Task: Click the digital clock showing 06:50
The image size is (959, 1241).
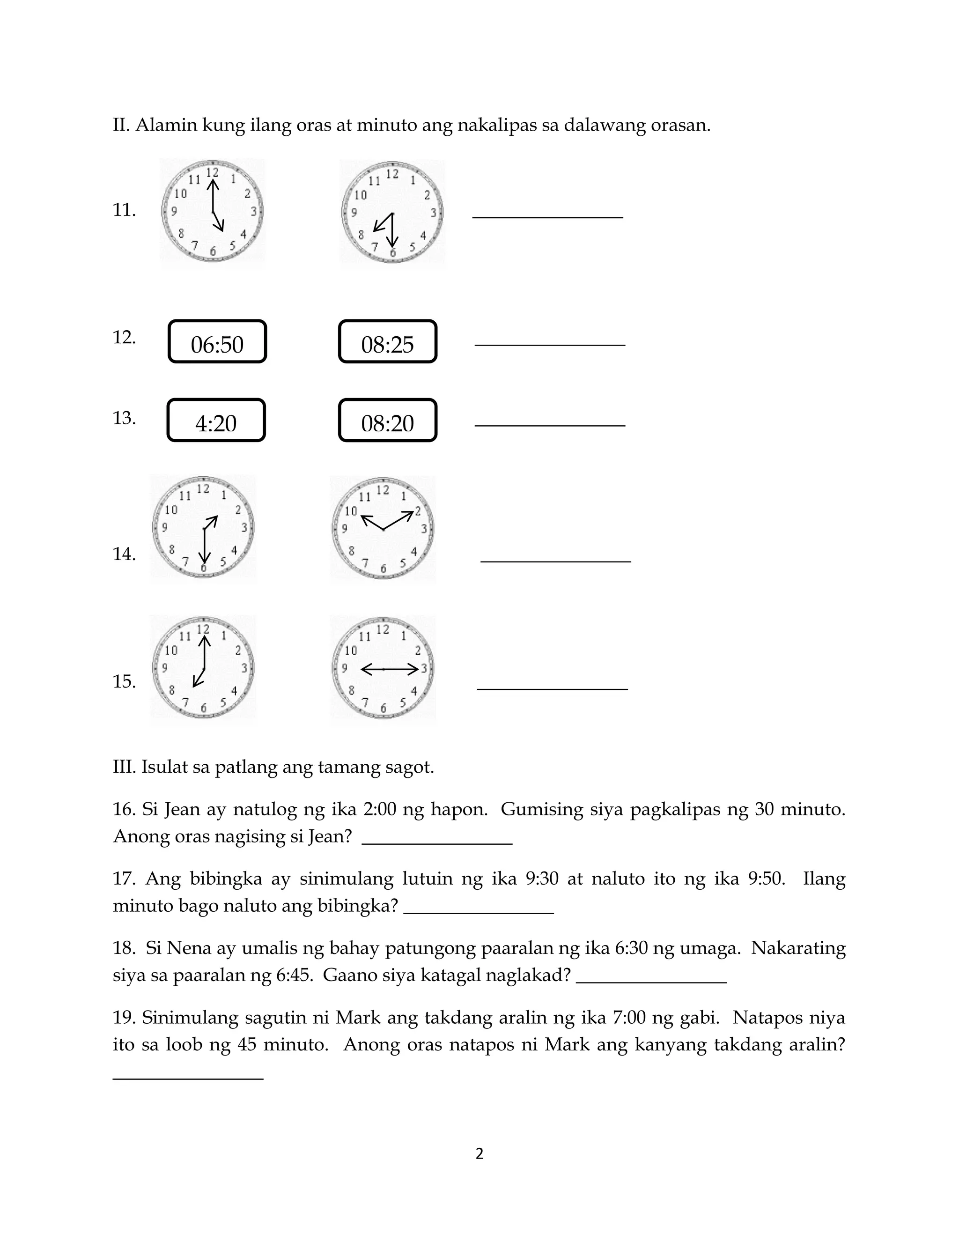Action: [x=217, y=341]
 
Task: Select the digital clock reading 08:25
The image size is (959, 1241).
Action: [x=387, y=341]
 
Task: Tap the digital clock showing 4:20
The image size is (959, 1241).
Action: [x=216, y=421]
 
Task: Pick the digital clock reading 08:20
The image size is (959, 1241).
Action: [x=387, y=421]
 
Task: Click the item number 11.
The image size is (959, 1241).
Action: [x=124, y=210]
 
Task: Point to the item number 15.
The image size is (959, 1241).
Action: [x=124, y=681]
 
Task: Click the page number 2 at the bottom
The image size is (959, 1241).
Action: [x=479, y=1154]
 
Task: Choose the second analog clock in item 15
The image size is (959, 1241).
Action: [x=383, y=669]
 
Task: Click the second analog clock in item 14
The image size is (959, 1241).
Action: [x=383, y=529]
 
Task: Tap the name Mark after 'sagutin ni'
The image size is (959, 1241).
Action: [x=357, y=1017]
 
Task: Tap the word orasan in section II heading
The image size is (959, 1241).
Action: [x=680, y=125]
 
